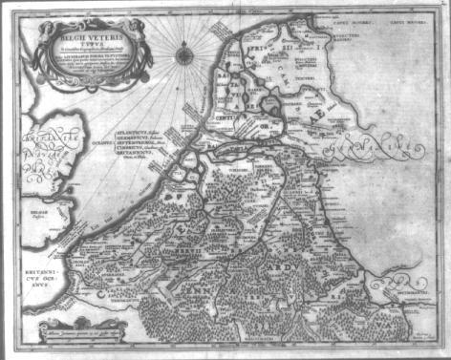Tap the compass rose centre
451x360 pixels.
[183, 54]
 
